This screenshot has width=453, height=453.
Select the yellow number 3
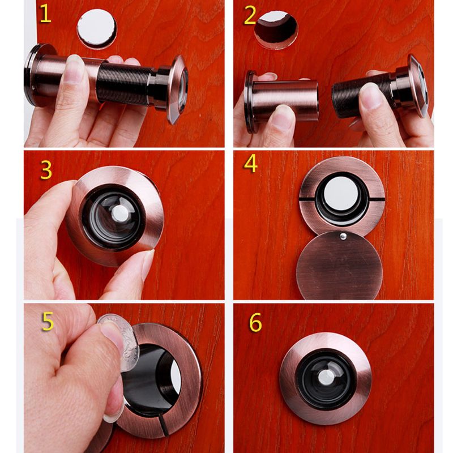point(46,169)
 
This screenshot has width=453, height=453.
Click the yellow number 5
point(48,321)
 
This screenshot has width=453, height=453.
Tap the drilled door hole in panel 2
point(276,28)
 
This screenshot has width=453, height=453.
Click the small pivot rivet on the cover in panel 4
point(342,234)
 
